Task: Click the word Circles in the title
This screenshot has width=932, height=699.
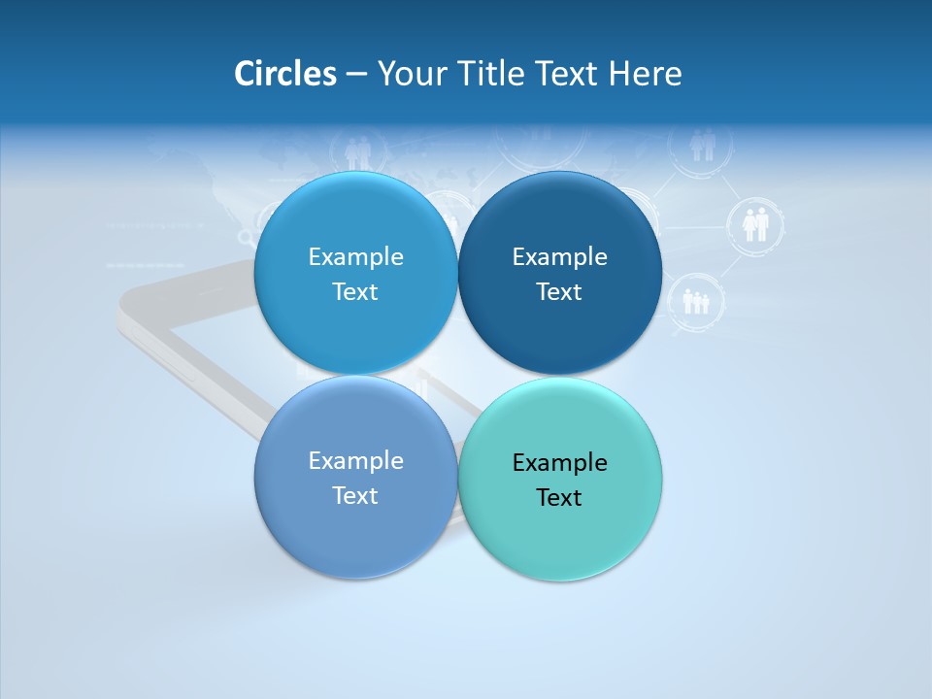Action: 284,74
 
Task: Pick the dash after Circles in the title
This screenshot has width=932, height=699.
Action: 356,75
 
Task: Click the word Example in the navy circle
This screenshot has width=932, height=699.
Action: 559,256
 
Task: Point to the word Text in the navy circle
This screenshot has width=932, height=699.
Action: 559,291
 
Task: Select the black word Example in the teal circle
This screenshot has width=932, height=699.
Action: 559,462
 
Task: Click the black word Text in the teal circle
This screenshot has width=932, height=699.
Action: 559,497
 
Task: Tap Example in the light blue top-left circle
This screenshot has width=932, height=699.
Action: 355,256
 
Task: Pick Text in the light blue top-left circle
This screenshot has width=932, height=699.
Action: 355,291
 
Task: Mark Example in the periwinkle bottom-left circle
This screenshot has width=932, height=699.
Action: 355,460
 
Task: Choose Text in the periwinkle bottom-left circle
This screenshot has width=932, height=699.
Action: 355,495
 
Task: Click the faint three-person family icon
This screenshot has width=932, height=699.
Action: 696,302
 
